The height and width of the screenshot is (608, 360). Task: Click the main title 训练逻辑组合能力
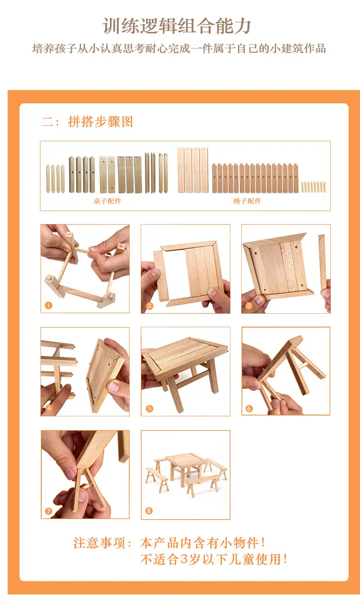(x=177, y=27)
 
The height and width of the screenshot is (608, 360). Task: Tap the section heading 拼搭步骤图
(x=100, y=122)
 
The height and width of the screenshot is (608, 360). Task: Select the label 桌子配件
(x=107, y=201)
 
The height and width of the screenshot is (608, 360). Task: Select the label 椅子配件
(x=247, y=201)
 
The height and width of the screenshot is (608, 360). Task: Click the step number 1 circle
(x=48, y=306)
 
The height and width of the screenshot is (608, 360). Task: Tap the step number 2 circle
(x=149, y=306)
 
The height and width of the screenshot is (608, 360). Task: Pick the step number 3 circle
(x=249, y=306)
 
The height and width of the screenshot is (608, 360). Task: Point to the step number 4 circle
(x=49, y=408)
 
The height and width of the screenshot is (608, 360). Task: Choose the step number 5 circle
(x=149, y=408)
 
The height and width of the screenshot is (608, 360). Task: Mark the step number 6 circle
(x=249, y=408)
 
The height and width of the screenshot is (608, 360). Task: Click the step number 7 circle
(x=48, y=511)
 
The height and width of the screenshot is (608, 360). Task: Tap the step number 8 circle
(x=149, y=510)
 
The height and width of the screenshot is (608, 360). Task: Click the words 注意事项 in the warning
(x=99, y=543)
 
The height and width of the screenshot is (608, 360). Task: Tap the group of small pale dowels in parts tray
(x=314, y=187)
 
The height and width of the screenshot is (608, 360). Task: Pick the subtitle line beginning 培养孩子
(x=179, y=49)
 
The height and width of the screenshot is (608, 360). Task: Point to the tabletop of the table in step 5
(x=184, y=354)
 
